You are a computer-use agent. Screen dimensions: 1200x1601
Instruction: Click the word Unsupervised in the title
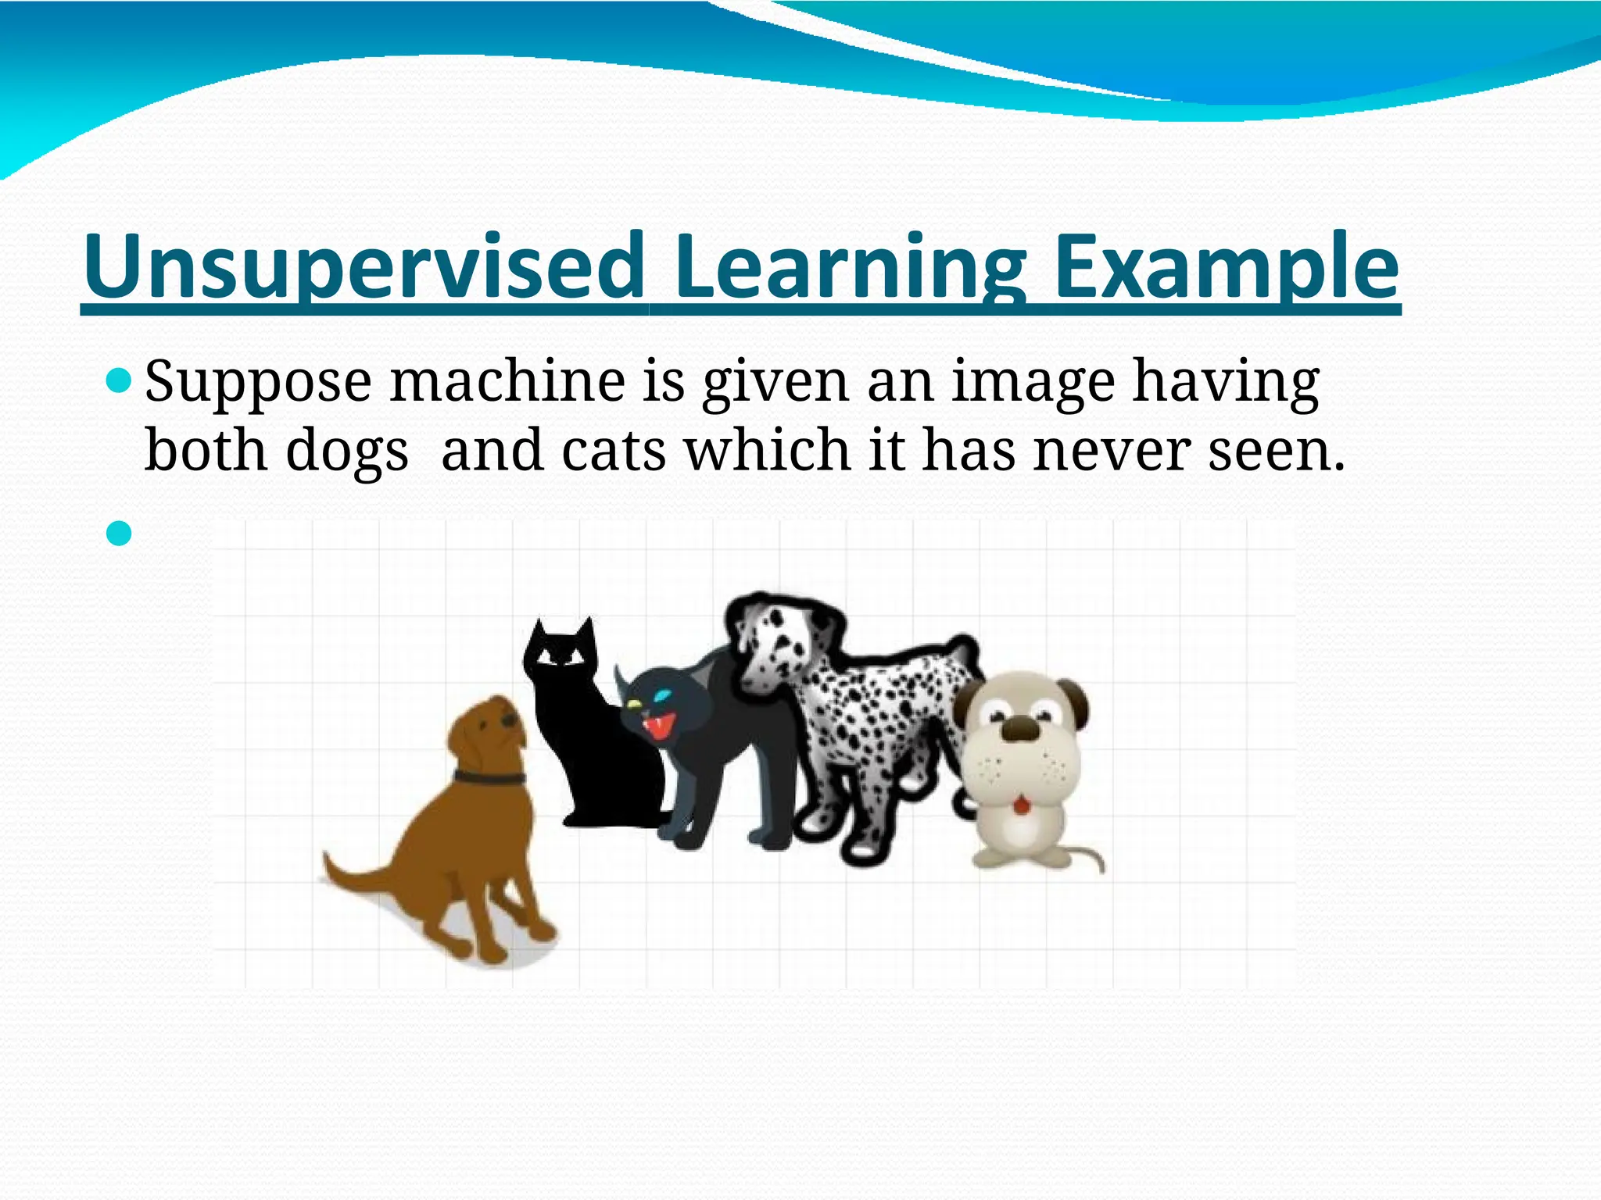364,267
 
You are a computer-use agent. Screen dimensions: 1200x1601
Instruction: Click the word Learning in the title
850,267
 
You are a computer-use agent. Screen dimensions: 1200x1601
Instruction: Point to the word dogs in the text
346,452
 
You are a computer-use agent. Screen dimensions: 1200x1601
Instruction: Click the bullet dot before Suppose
119,382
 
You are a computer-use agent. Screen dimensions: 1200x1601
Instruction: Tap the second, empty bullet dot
119,534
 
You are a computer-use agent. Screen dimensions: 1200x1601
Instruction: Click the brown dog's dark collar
489,777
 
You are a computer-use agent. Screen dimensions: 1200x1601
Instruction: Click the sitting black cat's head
560,648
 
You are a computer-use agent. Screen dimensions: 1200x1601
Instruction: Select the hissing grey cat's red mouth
658,727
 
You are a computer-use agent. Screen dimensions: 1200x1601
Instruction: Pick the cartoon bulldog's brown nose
1020,730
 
